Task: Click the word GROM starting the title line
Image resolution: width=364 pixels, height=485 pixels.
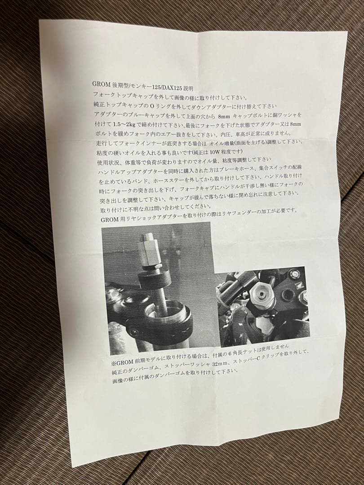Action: tap(102, 84)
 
